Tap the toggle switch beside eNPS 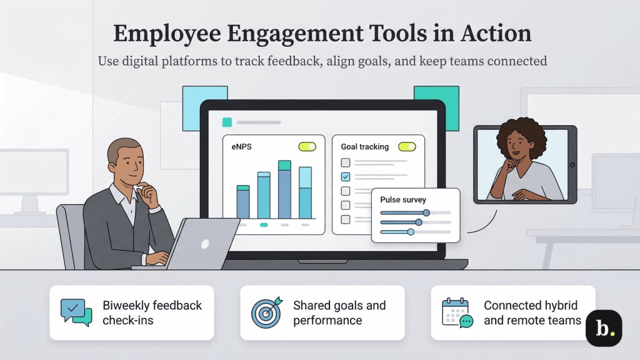307,147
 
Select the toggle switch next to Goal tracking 407,147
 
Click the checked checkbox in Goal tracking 346,177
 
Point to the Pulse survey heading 403,200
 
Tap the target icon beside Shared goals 267,312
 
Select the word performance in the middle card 327,321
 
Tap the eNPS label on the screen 241,147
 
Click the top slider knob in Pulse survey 426,212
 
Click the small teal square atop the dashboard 227,122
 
